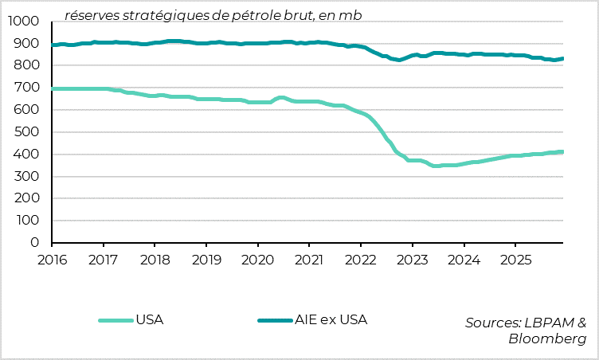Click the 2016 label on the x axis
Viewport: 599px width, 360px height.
[52, 260]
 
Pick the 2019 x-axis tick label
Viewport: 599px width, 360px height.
[206, 260]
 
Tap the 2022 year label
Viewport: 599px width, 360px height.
[360, 260]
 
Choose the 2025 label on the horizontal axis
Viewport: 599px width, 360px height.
[515, 260]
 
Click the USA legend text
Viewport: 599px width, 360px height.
[150, 320]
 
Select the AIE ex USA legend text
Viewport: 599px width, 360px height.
[331, 320]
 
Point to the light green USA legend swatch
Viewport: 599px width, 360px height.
[115, 321]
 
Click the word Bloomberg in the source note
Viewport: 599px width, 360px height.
[547, 338]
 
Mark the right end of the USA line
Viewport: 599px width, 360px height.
[563, 151]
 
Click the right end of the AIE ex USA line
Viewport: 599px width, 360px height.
[563, 58]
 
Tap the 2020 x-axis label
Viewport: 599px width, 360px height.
[257, 260]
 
